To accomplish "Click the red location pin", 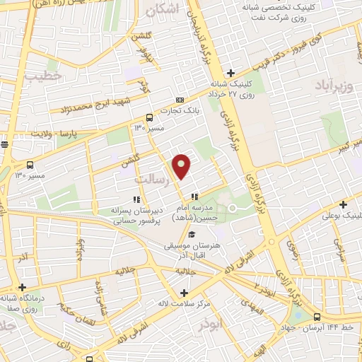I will (x=182, y=166).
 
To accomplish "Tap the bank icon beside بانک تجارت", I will (x=180, y=100).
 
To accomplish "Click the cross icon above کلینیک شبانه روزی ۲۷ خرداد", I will (x=231, y=73).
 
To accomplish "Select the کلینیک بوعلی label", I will (x=341, y=215).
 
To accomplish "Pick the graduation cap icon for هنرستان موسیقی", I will (x=192, y=235).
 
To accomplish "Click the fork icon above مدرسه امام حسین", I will (x=194, y=197).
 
